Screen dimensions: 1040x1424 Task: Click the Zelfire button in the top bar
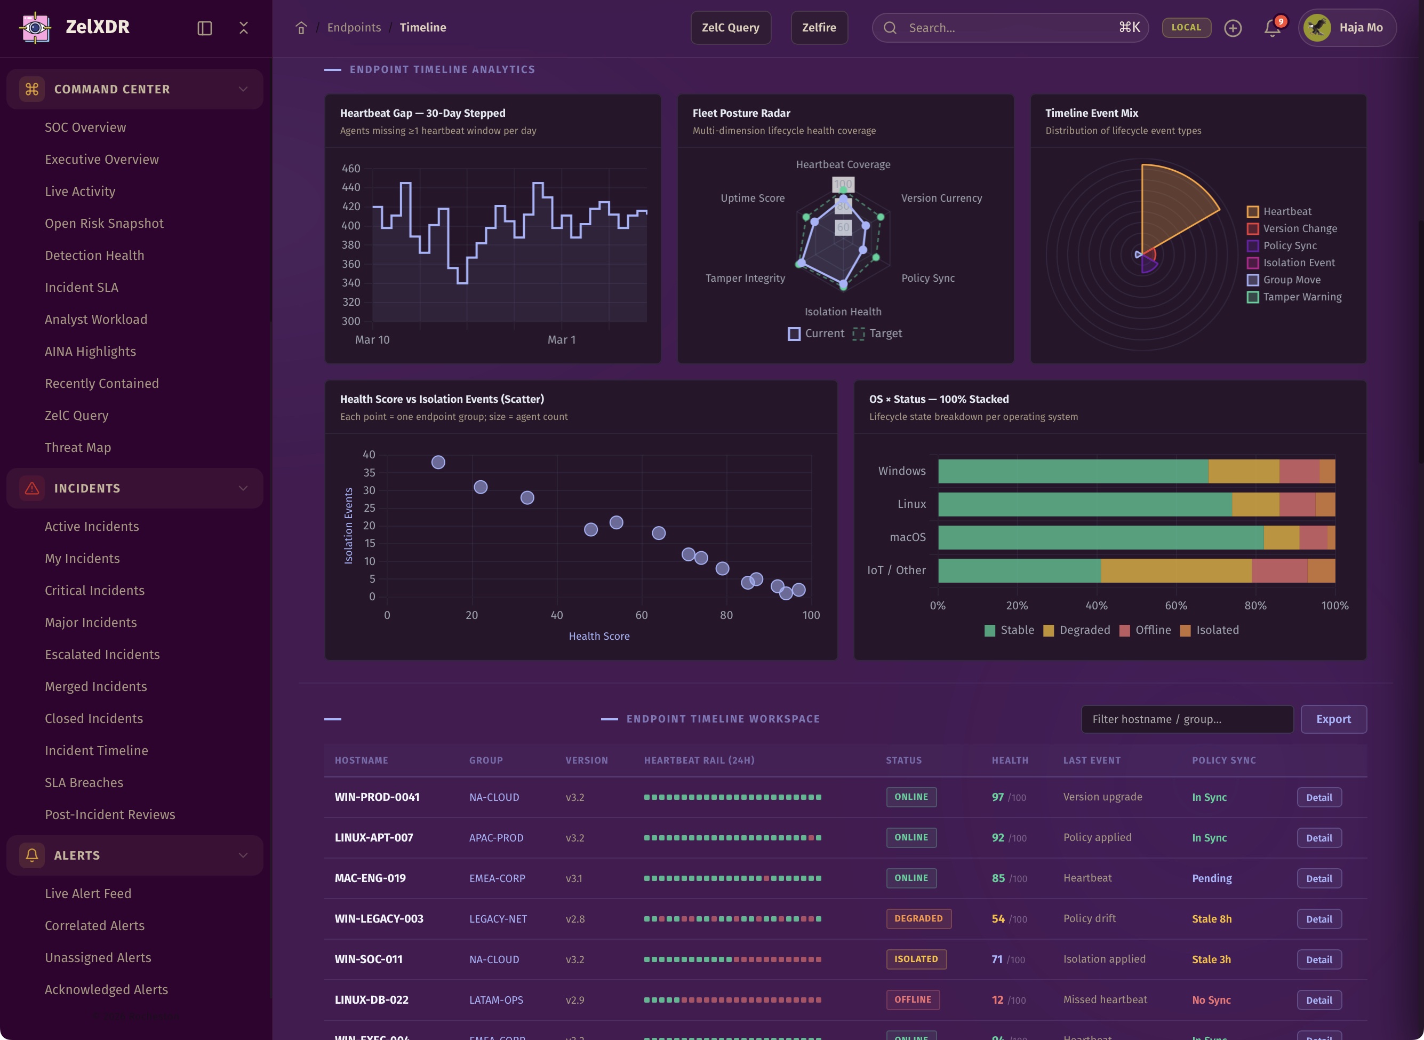pos(819,28)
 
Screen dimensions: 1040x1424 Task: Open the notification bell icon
pos(1271,28)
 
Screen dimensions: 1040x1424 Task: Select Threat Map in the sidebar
pos(77,448)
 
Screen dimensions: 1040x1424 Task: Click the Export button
pos(1333,719)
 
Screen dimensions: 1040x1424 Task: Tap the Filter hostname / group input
pos(1187,719)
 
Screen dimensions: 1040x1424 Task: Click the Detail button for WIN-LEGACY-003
pos(1318,919)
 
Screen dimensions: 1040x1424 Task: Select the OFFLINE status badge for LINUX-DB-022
pos(913,999)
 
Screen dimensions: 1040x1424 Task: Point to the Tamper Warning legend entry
pos(1301,297)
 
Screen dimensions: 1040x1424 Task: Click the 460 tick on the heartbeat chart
pos(350,169)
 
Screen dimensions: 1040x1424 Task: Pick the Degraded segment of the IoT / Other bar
pos(1175,570)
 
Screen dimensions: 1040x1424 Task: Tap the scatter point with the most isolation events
pos(438,462)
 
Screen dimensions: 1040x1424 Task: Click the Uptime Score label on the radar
pos(752,199)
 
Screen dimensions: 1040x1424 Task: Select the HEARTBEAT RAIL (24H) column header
pos(699,760)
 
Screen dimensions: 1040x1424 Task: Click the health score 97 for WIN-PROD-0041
pos(997,797)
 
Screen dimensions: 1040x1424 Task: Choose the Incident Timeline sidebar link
pos(97,750)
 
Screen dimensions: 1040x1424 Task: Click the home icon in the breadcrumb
pos(301,28)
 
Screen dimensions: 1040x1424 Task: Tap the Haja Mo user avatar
pos(1317,28)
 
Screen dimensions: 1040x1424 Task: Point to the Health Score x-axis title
pos(598,637)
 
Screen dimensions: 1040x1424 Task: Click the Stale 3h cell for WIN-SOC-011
pos(1211,959)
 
